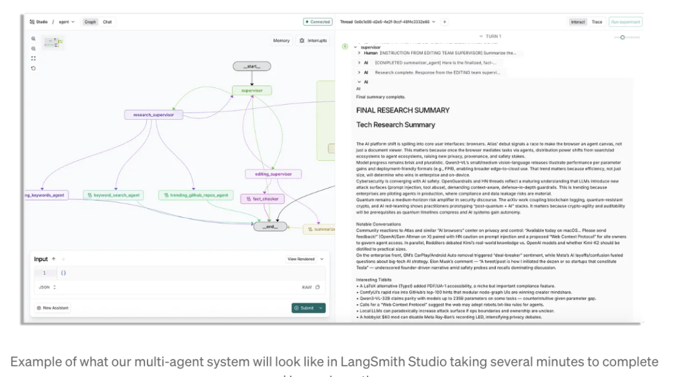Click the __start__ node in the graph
(251, 66)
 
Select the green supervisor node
(252, 91)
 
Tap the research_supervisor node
(154, 115)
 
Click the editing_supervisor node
(273, 174)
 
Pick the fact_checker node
(262, 198)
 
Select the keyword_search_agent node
(113, 195)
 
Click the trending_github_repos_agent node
(194, 195)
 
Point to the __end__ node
(270, 226)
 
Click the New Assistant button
(53, 308)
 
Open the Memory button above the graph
(281, 41)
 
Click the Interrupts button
(314, 41)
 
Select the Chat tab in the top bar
(107, 22)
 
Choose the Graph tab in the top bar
(91, 22)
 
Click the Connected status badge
(318, 22)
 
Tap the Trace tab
(597, 22)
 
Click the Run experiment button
(625, 22)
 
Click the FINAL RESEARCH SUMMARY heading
(402, 110)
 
